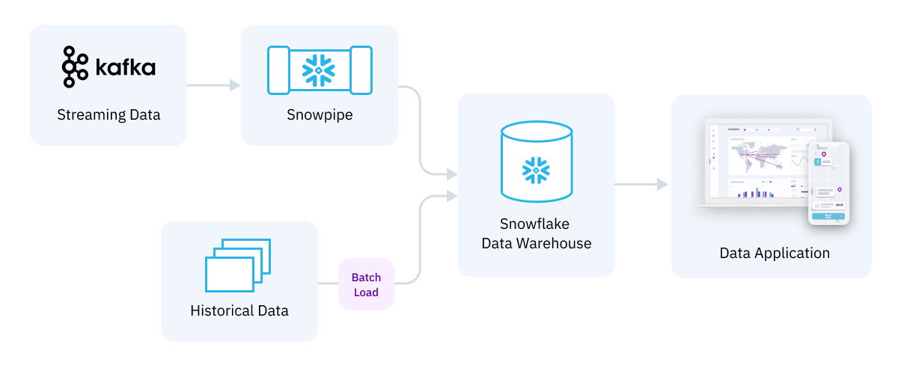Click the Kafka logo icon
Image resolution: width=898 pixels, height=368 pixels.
75,67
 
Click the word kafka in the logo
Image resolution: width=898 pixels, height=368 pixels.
125,68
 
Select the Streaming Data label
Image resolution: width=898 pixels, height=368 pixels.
109,115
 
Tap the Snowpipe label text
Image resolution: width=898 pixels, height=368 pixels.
320,115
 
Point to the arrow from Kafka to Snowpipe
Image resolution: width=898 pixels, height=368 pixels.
213,85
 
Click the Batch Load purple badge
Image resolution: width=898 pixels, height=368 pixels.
366,284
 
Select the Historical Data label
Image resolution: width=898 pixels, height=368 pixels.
239,310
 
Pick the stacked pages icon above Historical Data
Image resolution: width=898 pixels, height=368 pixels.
237,264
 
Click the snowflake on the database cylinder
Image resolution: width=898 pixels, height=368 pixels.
537,170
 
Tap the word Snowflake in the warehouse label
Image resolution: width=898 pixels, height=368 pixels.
536,224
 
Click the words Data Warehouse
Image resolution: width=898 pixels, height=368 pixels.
536,243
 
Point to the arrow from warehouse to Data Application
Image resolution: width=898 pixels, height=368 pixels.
641,184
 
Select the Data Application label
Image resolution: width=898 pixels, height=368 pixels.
775,253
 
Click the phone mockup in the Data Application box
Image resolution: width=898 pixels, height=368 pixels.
828,183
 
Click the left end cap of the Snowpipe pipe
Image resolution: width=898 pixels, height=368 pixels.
278,70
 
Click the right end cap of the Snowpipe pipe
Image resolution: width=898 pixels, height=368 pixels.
361,70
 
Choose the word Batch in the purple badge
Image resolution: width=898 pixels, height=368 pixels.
366,277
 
